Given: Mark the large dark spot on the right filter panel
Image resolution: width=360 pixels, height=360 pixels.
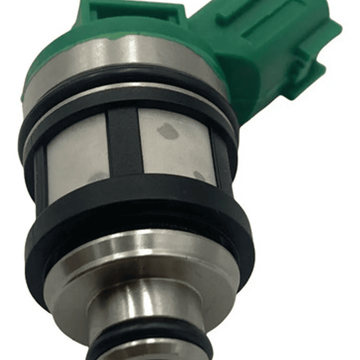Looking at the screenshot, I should tap(168, 132).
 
